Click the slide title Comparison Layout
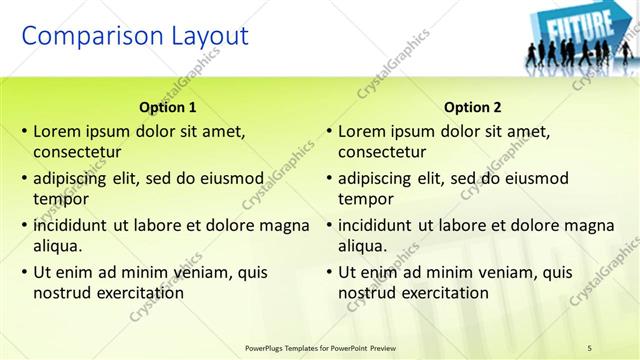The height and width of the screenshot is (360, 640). tap(135, 37)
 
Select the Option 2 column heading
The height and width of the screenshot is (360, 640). tap(473, 107)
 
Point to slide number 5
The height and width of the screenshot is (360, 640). tap(590, 347)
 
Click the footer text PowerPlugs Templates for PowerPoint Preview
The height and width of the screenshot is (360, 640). tap(327, 347)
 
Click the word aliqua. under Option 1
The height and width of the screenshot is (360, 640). tap(57, 246)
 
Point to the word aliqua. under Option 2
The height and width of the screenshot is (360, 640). tap(362, 246)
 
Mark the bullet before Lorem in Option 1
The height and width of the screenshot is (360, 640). tap(24, 131)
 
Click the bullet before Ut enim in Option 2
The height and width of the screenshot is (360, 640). tap(329, 272)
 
